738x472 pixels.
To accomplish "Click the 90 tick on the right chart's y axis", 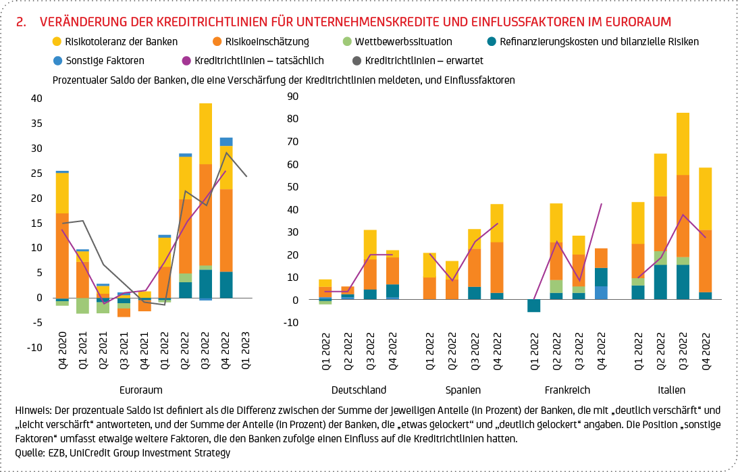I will point(293,96).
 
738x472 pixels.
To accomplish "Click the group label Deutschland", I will point(359,390).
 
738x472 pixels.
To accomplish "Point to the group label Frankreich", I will point(567,390).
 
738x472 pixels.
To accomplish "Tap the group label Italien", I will point(671,390).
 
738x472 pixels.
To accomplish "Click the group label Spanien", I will point(463,390).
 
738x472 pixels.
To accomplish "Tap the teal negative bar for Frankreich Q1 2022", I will point(534,306).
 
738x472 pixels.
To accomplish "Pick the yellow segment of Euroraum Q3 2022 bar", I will point(205,134).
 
